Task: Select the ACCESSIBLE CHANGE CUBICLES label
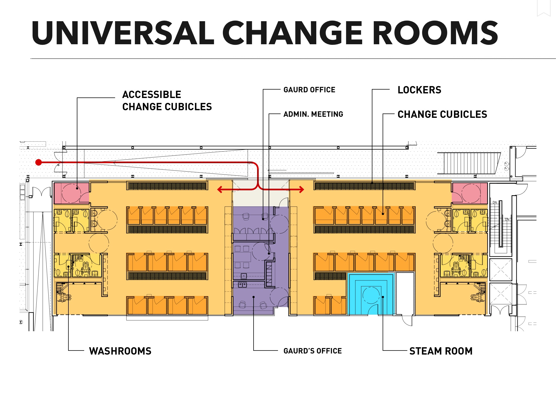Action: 167,101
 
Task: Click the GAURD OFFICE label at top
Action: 309,90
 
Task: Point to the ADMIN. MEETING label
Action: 313,114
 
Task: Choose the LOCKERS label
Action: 419,90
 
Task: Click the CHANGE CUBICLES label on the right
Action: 442,114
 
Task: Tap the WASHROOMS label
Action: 120,351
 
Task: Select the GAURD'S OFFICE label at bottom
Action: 312,351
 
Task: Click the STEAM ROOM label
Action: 441,351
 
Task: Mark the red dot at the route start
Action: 39,162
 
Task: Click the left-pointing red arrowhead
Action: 220,189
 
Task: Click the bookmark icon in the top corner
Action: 544,8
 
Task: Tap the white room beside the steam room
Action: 405,293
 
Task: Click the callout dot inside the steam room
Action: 383,297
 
